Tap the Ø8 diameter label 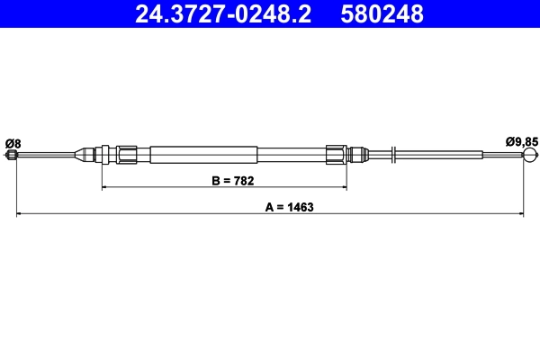coord(13,142)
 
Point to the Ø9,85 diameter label coord(521,141)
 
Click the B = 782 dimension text coord(232,180)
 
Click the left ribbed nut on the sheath coord(128,155)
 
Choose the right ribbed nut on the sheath coord(337,155)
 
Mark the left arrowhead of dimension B coord(105,187)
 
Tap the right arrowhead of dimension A coord(521,213)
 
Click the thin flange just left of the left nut coord(106,155)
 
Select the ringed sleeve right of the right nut coord(358,155)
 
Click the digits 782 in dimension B coord(244,180)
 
